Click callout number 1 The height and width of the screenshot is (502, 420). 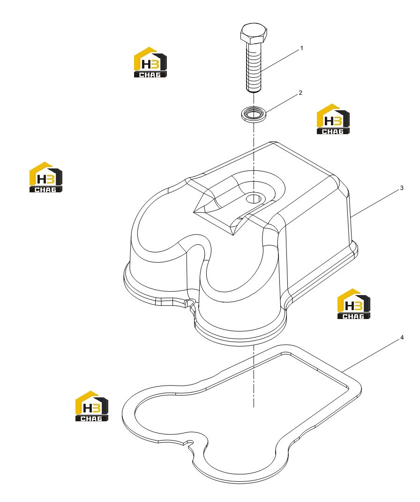point(301,48)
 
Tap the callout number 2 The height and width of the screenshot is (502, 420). point(300,93)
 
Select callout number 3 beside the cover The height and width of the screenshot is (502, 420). point(402,188)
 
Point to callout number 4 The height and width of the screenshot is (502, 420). point(402,338)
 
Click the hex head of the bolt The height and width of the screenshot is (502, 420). point(253,33)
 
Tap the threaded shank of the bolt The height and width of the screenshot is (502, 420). point(254,68)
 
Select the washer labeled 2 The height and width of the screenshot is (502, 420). point(253,114)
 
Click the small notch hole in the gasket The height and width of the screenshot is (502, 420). point(191,442)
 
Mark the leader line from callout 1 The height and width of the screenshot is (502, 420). point(280,60)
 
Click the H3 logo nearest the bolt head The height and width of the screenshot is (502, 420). point(150,62)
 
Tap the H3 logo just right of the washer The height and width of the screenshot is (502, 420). point(333,119)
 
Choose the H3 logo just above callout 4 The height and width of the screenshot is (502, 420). point(354,304)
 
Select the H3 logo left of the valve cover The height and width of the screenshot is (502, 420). point(46,177)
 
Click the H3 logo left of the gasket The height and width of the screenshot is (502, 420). point(92,406)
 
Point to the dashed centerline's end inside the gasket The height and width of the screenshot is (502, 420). point(254,407)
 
